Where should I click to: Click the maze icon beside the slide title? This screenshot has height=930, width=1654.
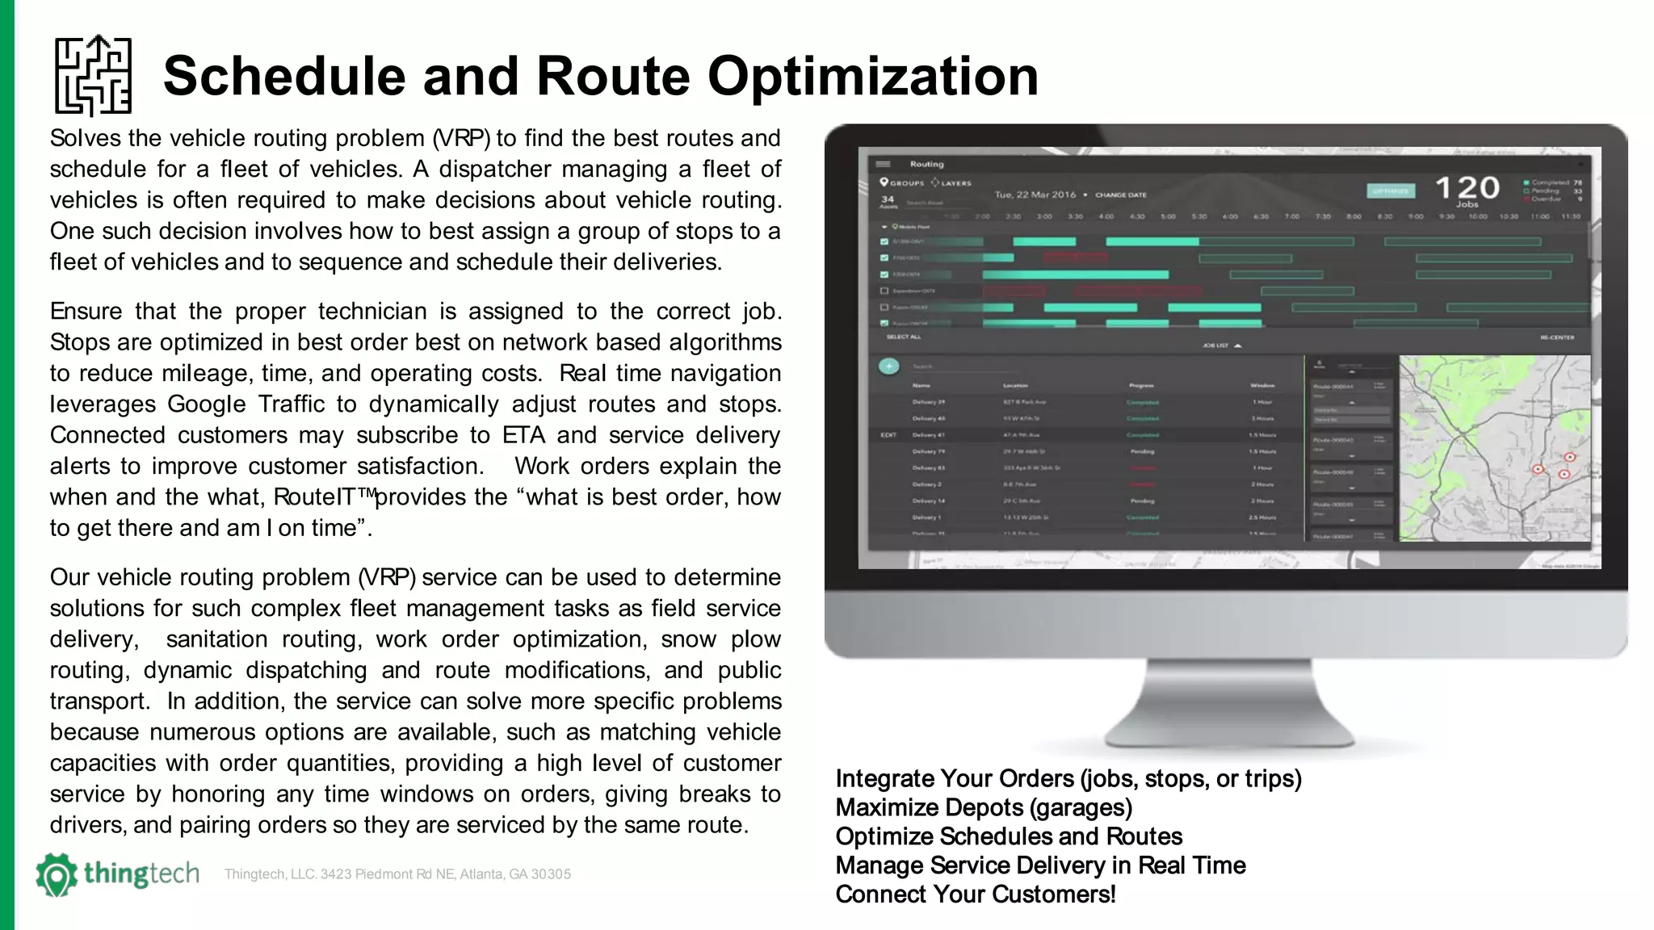93,76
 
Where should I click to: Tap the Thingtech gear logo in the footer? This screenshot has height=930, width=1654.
57,875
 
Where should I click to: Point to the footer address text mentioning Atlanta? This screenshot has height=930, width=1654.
397,874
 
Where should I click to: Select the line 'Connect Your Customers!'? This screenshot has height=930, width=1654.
975,894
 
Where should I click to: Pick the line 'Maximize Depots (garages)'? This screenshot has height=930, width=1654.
983,807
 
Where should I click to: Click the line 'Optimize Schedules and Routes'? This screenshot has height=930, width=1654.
1008,836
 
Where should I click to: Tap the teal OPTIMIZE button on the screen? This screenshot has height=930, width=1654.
1390,191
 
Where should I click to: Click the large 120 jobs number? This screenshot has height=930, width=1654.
1467,188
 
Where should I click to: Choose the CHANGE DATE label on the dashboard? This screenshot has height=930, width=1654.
1120,195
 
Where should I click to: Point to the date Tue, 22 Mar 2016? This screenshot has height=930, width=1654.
1035,195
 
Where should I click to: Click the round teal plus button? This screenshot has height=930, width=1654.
888,367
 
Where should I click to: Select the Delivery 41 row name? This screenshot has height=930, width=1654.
929,435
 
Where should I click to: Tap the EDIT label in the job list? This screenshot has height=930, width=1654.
888,435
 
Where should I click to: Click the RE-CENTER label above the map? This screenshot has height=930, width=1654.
1556,337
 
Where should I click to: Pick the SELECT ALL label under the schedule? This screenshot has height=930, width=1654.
903,337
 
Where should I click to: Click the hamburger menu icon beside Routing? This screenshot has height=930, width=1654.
883,164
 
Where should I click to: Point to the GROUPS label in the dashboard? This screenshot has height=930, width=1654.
907,183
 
